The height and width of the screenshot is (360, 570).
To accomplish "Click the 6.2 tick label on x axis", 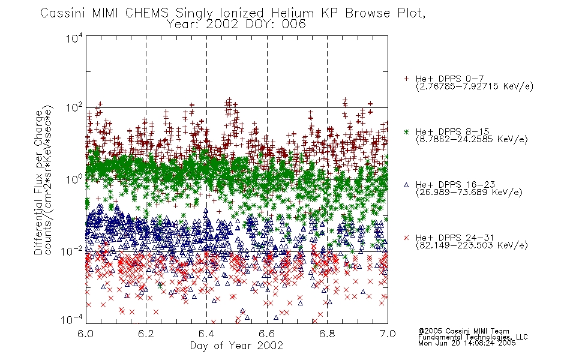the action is (146, 334).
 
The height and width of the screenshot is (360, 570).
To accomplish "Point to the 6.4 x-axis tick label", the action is (206, 334).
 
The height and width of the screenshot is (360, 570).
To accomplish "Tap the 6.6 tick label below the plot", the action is (267, 334).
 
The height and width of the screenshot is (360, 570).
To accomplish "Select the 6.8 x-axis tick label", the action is (327, 334).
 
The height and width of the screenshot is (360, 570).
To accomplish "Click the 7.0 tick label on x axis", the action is (388, 334).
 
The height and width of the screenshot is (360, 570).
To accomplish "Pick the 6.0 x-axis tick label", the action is (85, 334).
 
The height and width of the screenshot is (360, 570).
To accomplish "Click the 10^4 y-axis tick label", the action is (74, 38).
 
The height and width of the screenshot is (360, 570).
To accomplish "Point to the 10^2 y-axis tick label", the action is (74, 108).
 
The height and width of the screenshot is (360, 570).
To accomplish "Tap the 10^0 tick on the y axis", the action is (74, 179).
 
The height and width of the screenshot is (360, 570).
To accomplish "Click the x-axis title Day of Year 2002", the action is (236, 346).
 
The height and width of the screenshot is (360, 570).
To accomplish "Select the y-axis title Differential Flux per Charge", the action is (39, 182).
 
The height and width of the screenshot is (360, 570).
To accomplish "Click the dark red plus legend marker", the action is (406, 79).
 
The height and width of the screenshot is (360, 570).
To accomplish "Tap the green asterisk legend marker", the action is (406, 131).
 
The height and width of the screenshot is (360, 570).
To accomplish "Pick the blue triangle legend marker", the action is (406, 185).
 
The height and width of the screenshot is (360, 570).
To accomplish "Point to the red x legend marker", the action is (406, 238).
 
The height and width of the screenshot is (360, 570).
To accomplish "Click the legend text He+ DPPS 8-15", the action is (452, 131).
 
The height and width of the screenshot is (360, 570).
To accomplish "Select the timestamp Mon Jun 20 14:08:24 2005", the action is (467, 343).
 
